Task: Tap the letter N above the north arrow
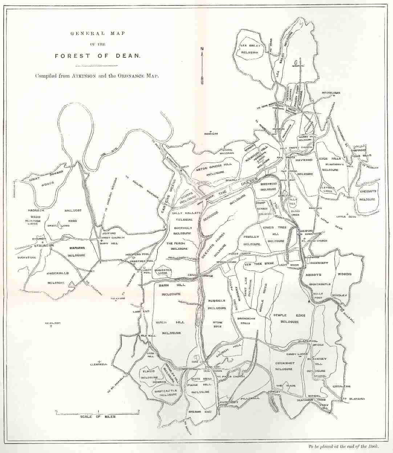(202, 49)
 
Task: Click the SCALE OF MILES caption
(98, 416)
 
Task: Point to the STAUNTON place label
(44, 246)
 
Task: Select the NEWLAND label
(52, 323)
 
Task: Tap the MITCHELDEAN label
(331, 93)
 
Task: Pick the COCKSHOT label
(284, 363)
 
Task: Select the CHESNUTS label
(368, 191)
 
